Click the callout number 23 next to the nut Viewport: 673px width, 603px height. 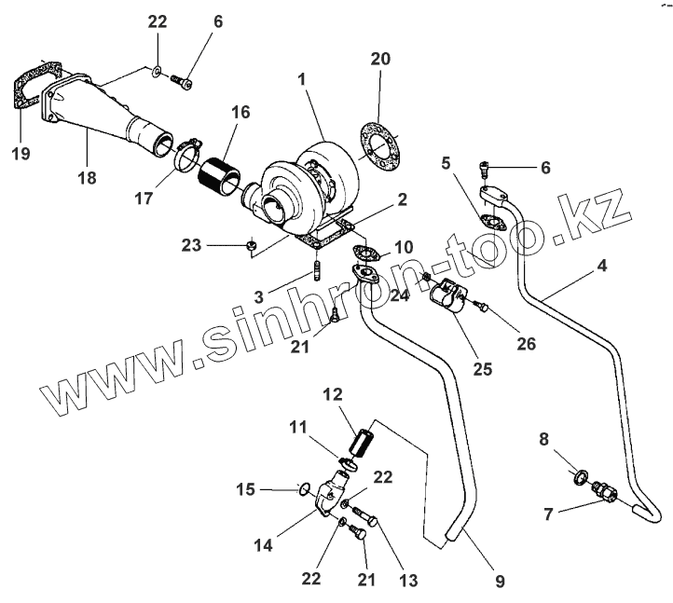(x=191, y=245)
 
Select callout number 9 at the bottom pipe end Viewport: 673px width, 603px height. (x=500, y=582)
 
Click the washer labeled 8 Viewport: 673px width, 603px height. (x=579, y=479)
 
